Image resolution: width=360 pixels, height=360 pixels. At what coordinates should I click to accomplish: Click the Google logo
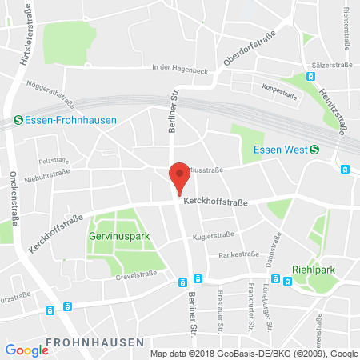pos(26,350)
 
